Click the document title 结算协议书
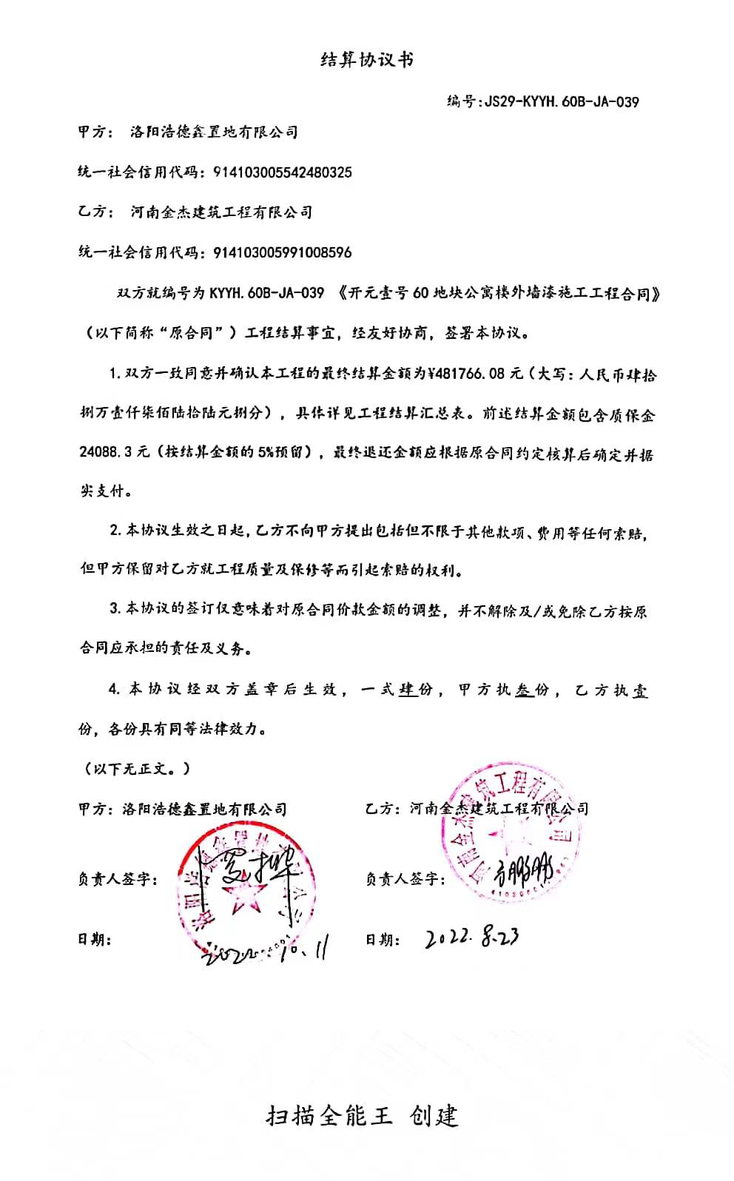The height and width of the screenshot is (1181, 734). click(366, 60)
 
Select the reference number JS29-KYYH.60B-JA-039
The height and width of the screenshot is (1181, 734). click(560, 101)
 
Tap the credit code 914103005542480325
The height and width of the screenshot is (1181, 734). click(282, 172)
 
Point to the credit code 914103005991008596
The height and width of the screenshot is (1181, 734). click(282, 252)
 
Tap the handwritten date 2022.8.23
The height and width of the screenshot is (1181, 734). click(471, 938)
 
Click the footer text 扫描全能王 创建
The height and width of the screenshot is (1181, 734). click(362, 1115)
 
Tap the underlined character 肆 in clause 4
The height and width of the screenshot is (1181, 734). click(406, 689)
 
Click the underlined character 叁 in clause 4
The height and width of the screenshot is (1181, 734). click(524, 689)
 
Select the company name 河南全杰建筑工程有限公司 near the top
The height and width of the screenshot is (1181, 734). click(220, 212)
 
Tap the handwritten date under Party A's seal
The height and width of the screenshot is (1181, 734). click(263, 951)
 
